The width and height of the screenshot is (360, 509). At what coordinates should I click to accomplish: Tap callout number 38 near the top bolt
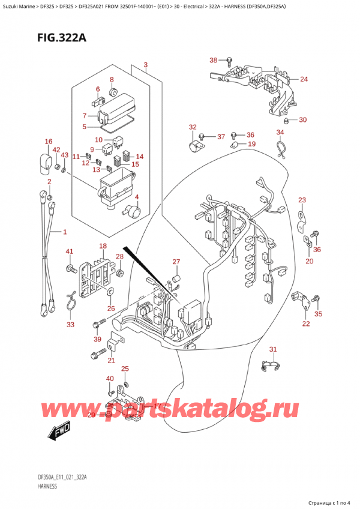pyautogui.click(x=214, y=60)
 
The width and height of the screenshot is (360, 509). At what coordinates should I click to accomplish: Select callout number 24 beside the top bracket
pyautogui.click(x=304, y=79)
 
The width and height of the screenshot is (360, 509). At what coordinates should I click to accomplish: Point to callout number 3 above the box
pyautogui.click(x=146, y=64)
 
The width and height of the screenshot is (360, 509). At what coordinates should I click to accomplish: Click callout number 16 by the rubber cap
pyautogui.click(x=49, y=142)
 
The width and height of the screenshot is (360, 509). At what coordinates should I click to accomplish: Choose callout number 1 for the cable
pyautogui.click(x=65, y=232)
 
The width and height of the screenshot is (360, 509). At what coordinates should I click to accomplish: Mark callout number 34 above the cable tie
pyautogui.click(x=280, y=132)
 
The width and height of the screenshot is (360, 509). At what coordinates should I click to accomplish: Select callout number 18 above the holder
pyautogui.click(x=103, y=246)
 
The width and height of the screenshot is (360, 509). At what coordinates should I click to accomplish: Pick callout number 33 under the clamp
pyautogui.click(x=70, y=325)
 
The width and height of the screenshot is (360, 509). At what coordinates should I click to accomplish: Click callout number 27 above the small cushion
pyautogui.click(x=176, y=261)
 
